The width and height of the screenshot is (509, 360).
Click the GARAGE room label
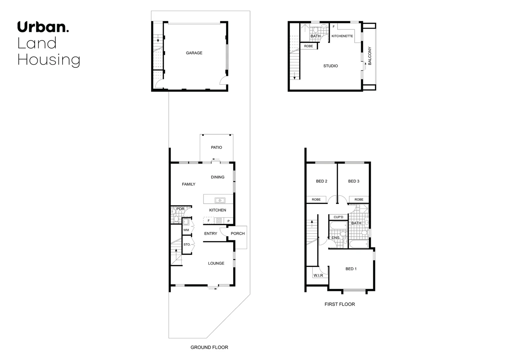point(194,53)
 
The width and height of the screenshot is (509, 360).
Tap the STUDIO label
point(330,66)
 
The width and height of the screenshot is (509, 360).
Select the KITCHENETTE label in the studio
point(342,36)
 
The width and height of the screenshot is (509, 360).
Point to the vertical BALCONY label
point(370,56)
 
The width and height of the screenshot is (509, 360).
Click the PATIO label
point(217,147)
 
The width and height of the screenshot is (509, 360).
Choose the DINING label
point(218,177)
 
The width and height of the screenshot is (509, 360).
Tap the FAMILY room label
point(189,184)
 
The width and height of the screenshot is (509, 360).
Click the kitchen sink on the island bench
point(220,200)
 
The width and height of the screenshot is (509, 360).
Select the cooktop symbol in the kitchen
point(219,220)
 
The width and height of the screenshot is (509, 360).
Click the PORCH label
point(238,233)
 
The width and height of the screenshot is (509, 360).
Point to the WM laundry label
point(186,230)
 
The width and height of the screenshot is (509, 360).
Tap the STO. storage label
point(187,244)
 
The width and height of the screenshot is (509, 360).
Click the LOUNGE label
point(216,263)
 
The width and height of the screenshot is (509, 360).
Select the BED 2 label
point(321,181)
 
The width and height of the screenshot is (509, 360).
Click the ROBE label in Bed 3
point(359,200)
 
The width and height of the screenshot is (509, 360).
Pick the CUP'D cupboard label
point(338,217)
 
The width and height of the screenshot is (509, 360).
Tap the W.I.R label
point(318,276)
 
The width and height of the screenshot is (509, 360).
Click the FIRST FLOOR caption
point(340,304)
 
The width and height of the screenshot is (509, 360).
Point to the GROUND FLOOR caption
point(209,347)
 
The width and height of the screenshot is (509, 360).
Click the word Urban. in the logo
point(43,27)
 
